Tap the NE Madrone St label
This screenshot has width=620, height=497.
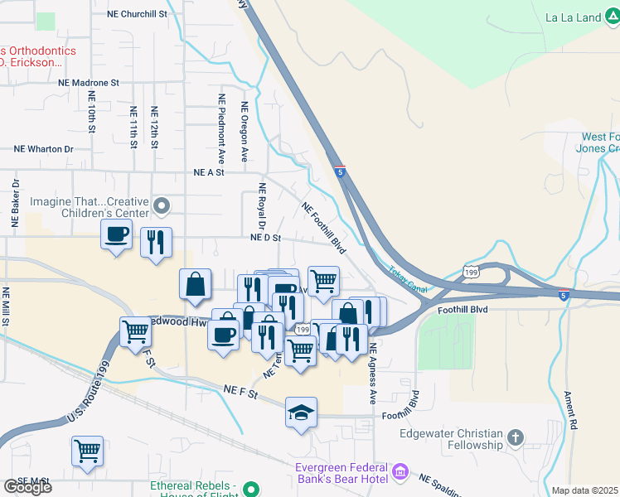click(89, 84)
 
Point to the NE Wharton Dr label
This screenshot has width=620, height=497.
click(44, 149)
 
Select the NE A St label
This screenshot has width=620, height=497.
click(209, 172)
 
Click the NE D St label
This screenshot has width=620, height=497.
click(267, 238)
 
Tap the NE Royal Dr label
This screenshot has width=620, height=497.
click(262, 206)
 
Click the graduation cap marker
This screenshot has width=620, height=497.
click(301, 412)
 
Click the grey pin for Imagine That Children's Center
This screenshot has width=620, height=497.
click(163, 203)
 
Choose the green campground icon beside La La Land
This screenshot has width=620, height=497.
click(609, 17)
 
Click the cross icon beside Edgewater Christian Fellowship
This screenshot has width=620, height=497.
click(516, 437)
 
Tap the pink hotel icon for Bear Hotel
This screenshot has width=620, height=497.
click(401, 471)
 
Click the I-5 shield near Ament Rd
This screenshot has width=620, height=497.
click(564, 295)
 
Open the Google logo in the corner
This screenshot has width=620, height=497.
click(27, 486)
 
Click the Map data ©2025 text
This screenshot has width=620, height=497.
click(585, 490)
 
